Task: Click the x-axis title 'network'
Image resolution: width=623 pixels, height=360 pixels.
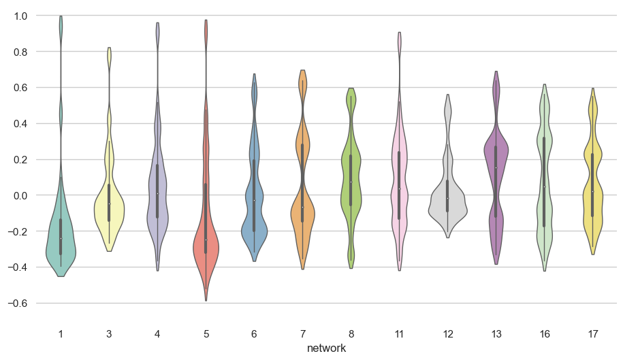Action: tap(326, 348)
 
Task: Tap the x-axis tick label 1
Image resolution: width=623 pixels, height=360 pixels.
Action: tap(61, 333)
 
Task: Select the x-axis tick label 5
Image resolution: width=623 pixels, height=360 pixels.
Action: tap(206, 333)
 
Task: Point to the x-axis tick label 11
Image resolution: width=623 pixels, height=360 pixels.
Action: tap(399, 333)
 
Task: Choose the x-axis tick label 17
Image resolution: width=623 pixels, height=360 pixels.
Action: tap(592, 333)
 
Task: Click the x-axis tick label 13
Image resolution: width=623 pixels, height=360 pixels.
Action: tap(496, 333)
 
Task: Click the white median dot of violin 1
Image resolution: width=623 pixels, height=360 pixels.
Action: tap(61, 238)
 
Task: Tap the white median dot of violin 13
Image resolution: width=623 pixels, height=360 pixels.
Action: tap(496, 168)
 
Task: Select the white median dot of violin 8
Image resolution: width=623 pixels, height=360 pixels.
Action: tap(351, 182)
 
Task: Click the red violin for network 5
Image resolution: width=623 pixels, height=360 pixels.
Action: tap(206, 245)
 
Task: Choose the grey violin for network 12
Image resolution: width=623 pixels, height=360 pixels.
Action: tap(447, 204)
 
